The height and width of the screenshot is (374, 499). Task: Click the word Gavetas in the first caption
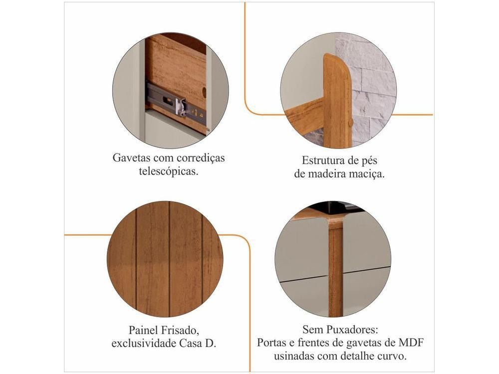click(131, 158)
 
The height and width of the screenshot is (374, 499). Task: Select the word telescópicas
click(169, 171)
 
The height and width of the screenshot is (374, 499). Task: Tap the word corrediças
click(201, 158)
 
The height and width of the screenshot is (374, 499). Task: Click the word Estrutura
click(321, 160)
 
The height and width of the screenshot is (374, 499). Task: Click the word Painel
click(143, 330)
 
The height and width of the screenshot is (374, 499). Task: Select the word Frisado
click(180, 330)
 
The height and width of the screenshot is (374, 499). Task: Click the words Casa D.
click(198, 344)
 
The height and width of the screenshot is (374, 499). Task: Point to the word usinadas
click(294, 356)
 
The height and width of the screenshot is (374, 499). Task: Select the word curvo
click(392, 356)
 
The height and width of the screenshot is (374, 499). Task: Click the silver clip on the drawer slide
click(181, 107)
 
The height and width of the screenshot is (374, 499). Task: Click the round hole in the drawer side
click(204, 93)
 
